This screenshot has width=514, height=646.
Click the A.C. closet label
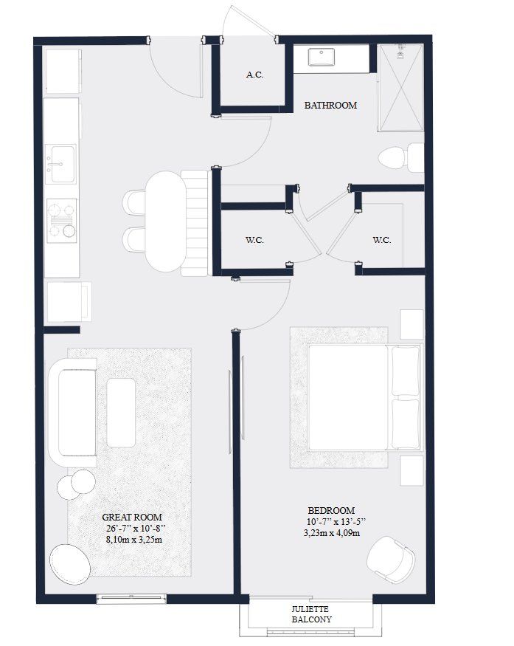coord(255,75)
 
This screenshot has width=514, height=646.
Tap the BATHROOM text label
coord(330,106)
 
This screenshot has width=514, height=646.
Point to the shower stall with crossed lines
coord(401,87)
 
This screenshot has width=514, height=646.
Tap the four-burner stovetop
coord(62,220)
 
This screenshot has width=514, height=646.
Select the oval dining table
coord(163,221)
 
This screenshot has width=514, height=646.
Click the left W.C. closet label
coord(254,240)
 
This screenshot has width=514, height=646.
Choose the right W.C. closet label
coord(381,240)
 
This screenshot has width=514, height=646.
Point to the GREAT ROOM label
coord(132,518)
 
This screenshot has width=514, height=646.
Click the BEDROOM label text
coord(331,510)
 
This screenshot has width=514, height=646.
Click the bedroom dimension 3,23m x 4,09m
coord(331,533)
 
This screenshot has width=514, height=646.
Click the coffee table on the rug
coord(121,401)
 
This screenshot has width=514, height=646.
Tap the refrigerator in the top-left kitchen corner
coord(62,71)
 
